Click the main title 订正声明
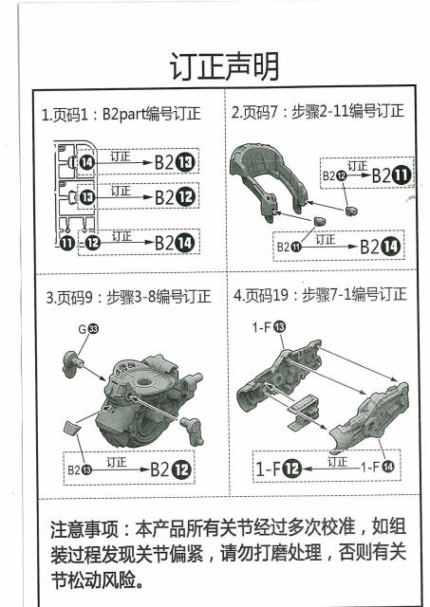(x=224, y=67)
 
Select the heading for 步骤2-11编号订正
(x=318, y=112)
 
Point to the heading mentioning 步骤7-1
(x=320, y=295)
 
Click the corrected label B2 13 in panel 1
(x=175, y=163)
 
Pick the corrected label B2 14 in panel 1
(x=175, y=243)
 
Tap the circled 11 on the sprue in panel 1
(x=66, y=243)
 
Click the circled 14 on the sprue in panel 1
(x=86, y=163)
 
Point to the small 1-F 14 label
(x=377, y=468)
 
